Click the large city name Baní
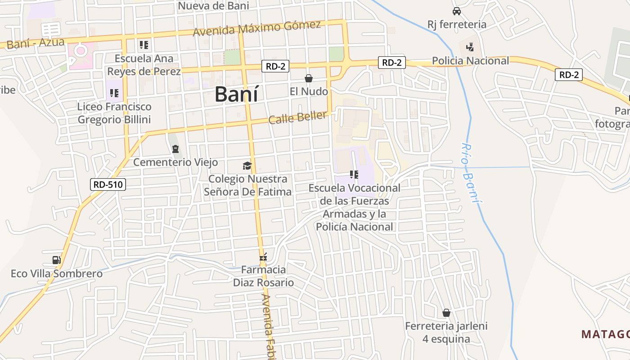tap(236, 94)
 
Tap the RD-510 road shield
tap(108, 184)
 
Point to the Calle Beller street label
tap(297, 117)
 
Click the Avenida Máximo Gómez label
tap(256, 28)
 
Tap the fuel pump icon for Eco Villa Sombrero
tap(56, 260)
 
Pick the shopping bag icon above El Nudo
tap(309, 78)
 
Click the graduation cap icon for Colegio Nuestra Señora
tap(247, 166)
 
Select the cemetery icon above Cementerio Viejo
tap(175, 148)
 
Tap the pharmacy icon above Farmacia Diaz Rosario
tap(264, 257)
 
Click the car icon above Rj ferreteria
tap(457, 11)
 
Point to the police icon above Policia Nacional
tap(470, 46)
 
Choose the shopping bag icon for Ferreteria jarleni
tap(446, 312)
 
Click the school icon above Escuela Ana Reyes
tap(144, 45)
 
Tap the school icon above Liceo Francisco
tap(114, 93)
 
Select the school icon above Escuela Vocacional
tap(354, 174)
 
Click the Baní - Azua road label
tap(36, 43)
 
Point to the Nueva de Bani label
tap(213, 6)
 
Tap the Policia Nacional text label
tap(470, 61)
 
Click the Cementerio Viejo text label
tap(175, 162)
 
